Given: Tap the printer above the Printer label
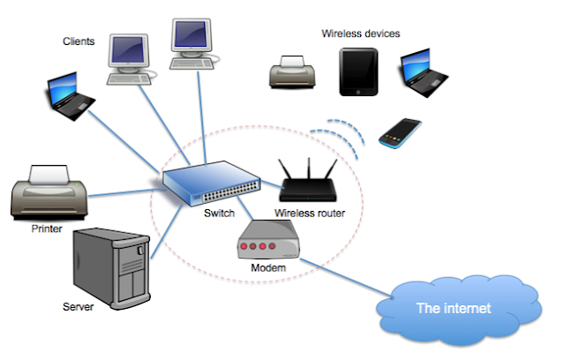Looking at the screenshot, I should [x=49, y=191].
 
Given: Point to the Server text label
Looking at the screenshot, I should [x=79, y=307].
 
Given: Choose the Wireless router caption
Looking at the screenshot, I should [x=310, y=214].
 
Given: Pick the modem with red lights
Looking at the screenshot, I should [x=269, y=238].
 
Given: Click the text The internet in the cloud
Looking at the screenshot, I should [x=454, y=310].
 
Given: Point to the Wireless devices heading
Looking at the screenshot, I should [x=360, y=34].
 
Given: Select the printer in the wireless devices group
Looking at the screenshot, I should [x=293, y=71].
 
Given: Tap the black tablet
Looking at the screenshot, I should [x=359, y=71].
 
